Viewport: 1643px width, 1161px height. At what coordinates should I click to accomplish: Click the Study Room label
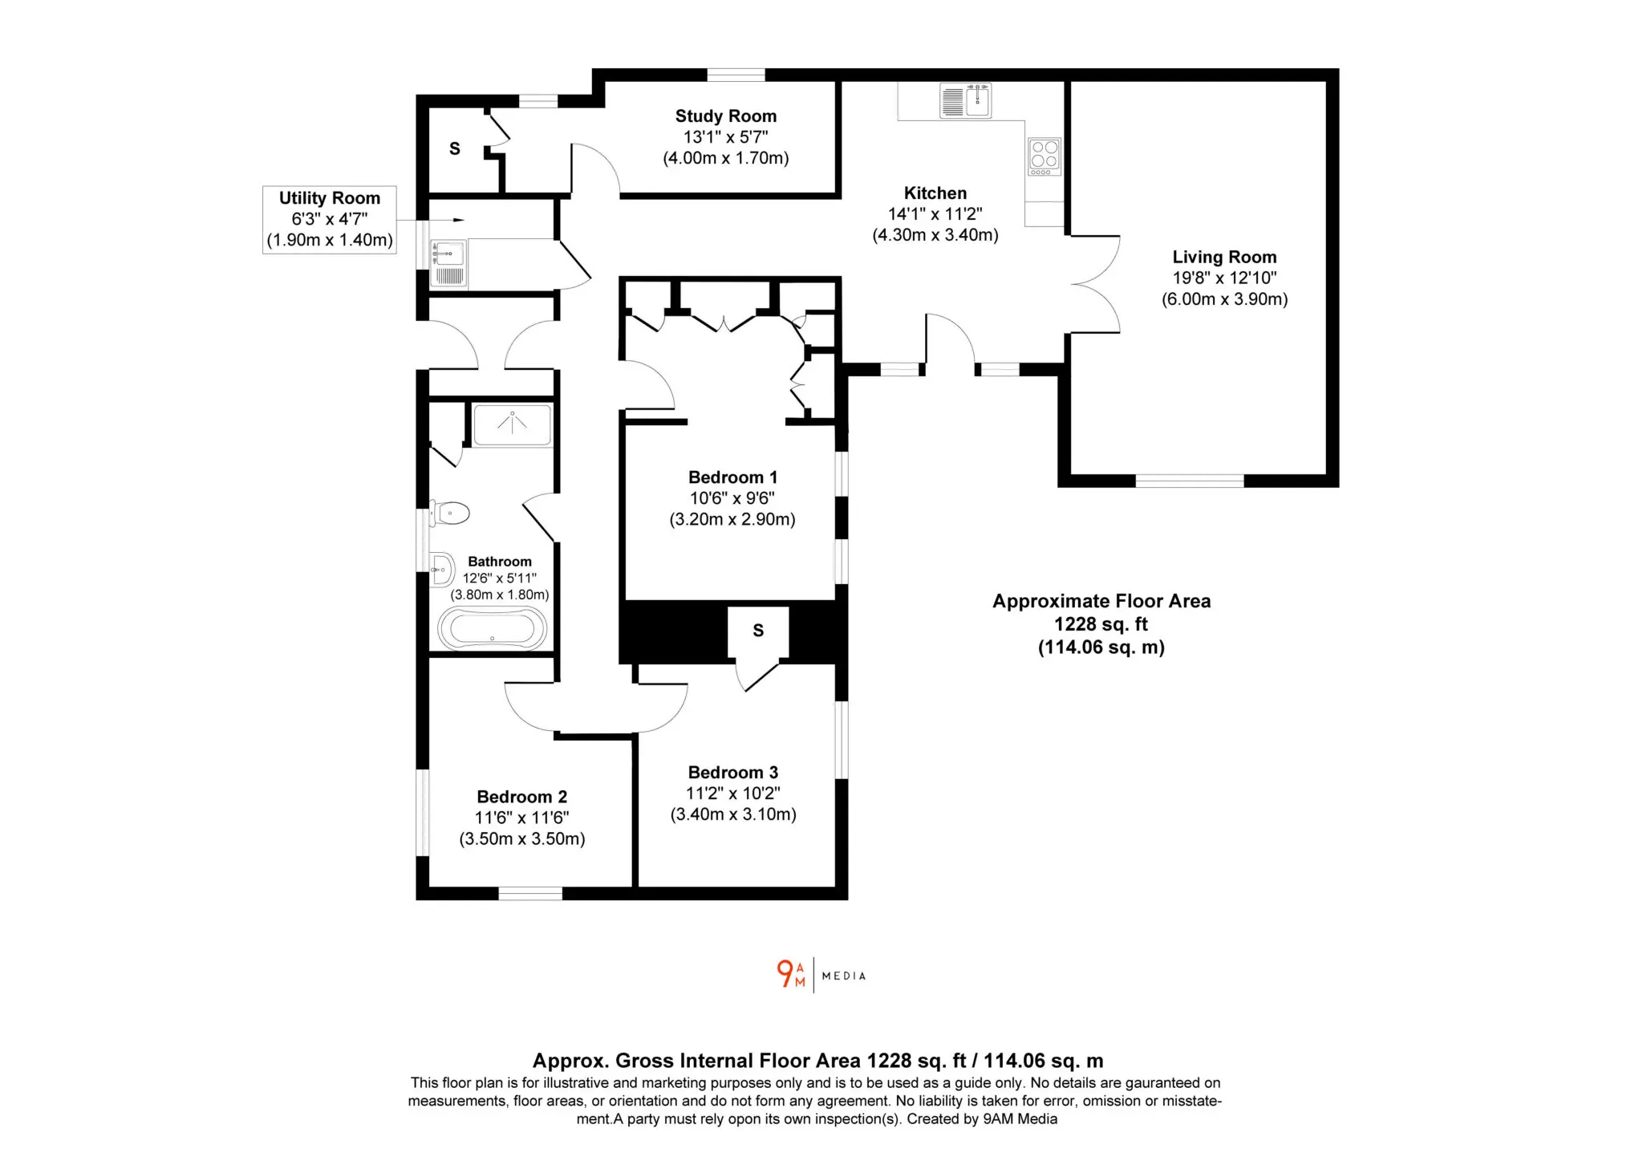point(725,116)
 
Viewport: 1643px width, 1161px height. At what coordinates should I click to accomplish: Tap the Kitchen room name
point(935,193)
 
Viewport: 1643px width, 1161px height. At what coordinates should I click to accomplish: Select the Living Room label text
point(1224,257)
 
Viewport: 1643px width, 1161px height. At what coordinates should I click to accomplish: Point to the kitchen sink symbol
point(965,101)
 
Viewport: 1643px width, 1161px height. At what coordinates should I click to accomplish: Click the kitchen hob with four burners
point(1044,156)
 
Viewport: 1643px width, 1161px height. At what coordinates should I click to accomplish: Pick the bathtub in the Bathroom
point(492,627)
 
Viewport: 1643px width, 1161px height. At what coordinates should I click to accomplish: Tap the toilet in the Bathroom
point(449,513)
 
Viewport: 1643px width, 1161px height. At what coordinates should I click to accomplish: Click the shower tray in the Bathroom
point(513,424)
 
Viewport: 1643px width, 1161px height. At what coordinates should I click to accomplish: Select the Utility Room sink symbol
point(448,264)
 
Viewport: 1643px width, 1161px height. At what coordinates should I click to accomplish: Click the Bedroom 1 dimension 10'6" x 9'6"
point(732,498)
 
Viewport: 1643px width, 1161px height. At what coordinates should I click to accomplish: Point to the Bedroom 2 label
point(521,797)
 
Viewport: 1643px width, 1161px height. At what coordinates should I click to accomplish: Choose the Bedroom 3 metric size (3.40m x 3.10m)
point(733,814)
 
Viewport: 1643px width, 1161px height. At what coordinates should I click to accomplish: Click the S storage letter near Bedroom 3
point(758,631)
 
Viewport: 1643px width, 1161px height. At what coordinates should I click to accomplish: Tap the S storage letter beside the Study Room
point(455,148)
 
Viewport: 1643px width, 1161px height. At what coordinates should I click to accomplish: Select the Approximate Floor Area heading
point(1101,601)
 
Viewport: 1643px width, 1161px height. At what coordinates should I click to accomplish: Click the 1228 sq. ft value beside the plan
point(1101,624)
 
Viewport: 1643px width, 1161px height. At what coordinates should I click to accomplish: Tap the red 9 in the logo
point(785,973)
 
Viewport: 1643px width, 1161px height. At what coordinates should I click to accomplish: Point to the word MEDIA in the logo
point(844,976)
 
